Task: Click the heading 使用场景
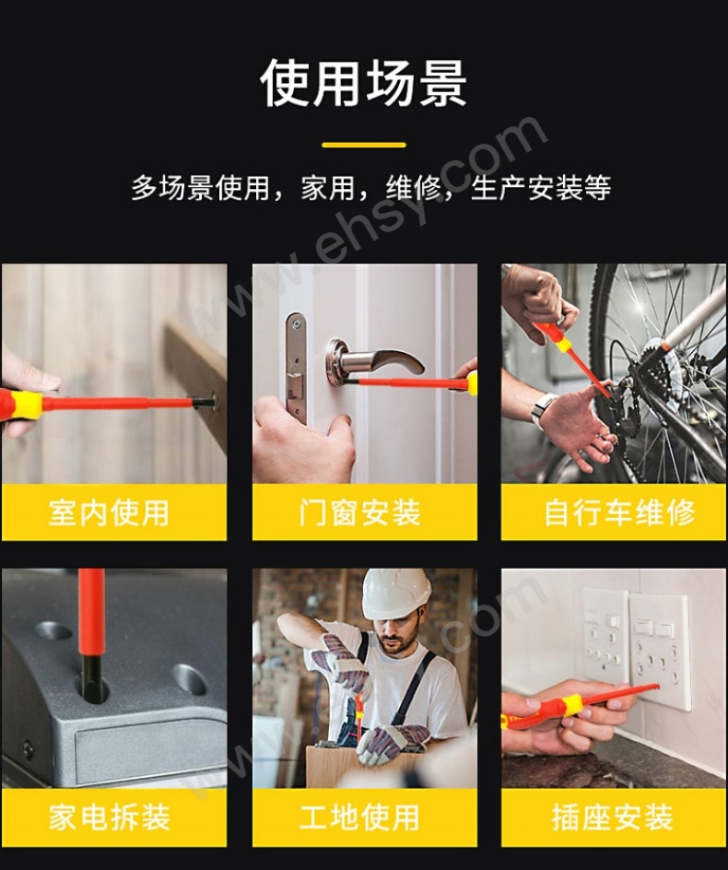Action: (x=363, y=84)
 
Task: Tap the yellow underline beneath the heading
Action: (x=363, y=145)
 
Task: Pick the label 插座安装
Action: (x=613, y=817)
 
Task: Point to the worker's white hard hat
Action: (x=395, y=594)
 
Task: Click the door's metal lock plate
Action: (x=296, y=369)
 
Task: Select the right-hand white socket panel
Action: (x=659, y=649)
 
